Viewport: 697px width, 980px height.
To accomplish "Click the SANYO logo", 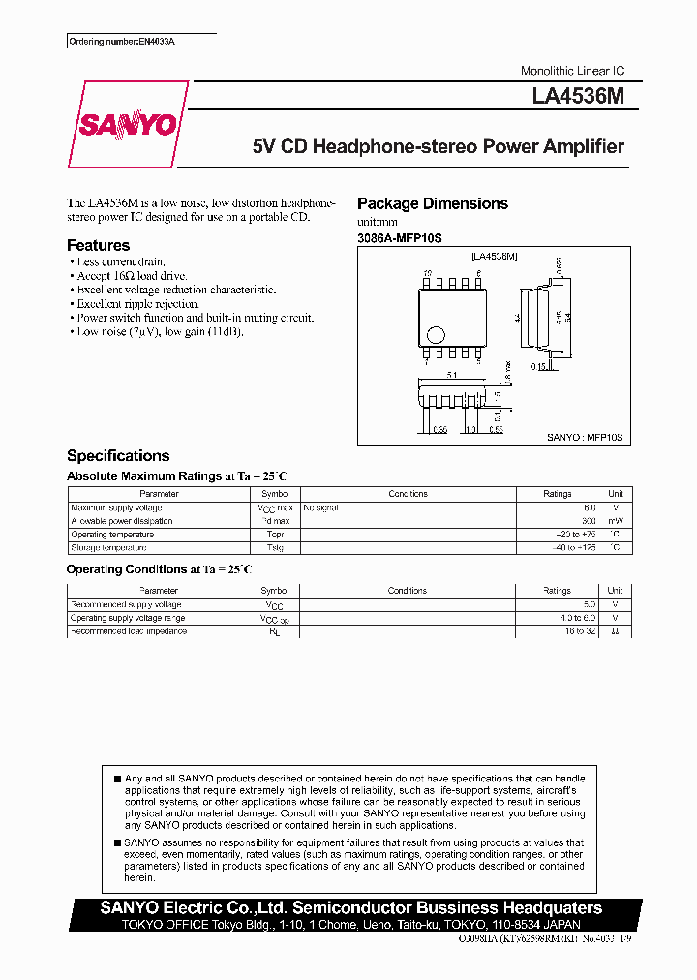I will (x=128, y=125).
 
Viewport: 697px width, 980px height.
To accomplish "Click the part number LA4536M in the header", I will (x=584, y=98).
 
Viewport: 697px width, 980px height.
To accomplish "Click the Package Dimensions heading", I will (x=432, y=203).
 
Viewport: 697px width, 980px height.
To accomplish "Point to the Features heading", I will (x=98, y=246).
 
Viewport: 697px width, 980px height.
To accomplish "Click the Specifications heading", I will (x=117, y=455).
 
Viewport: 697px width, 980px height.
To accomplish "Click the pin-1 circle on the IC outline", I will (x=436, y=336).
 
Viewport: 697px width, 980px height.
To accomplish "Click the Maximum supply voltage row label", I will (x=116, y=507).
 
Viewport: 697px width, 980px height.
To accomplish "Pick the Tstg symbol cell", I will (x=275, y=548).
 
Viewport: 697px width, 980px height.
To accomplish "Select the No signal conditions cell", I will (x=320, y=507).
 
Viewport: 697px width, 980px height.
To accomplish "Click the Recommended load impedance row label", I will (x=129, y=631).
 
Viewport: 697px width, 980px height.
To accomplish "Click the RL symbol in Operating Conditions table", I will (x=274, y=631).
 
